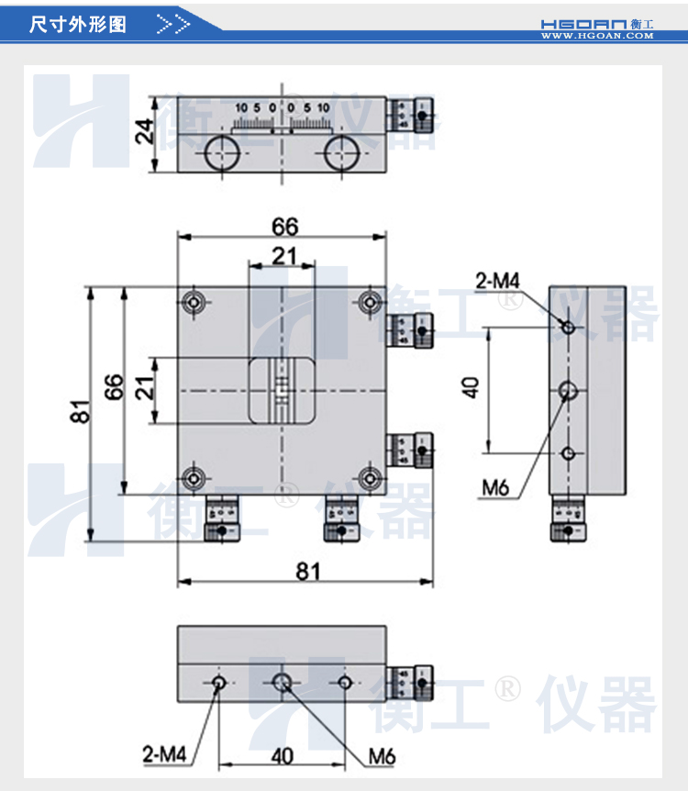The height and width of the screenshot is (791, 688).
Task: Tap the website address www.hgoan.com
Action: [x=596, y=37]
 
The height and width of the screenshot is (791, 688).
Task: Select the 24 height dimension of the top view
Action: [x=143, y=134]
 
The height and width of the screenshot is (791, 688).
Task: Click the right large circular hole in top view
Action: [x=341, y=153]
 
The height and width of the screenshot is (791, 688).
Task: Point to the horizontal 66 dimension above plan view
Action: [x=284, y=226]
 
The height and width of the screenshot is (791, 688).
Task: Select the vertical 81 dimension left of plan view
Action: [x=82, y=412]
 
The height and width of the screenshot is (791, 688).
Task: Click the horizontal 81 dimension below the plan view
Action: [x=307, y=570]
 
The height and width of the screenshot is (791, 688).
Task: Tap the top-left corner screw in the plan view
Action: [x=194, y=302]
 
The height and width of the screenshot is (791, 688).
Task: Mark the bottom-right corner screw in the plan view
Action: [x=371, y=477]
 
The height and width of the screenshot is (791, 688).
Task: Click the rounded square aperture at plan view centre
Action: [x=283, y=391]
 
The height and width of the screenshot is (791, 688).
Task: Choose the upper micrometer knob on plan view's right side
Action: [x=411, y=330]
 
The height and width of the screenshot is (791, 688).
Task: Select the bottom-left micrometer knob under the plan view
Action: [x=223, y=520]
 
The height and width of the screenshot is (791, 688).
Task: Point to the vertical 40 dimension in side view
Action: [x=472, y=388]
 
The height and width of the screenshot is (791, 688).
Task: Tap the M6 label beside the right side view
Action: [x=494, y=488]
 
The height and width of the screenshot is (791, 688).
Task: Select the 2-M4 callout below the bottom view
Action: [x=164, y=755]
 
